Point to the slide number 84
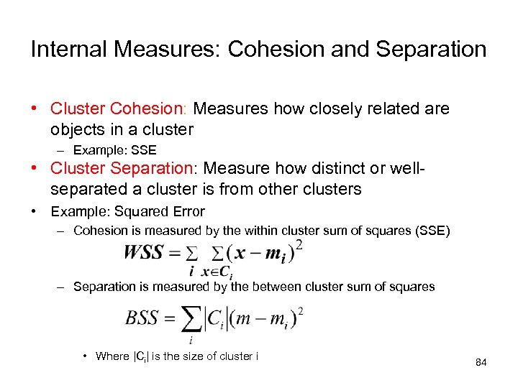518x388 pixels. (481, 363)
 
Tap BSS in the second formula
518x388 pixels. (142, 318)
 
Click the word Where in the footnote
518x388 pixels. (112, 356)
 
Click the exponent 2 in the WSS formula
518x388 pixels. (299, 245)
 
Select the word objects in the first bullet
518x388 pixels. (76, 129)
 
